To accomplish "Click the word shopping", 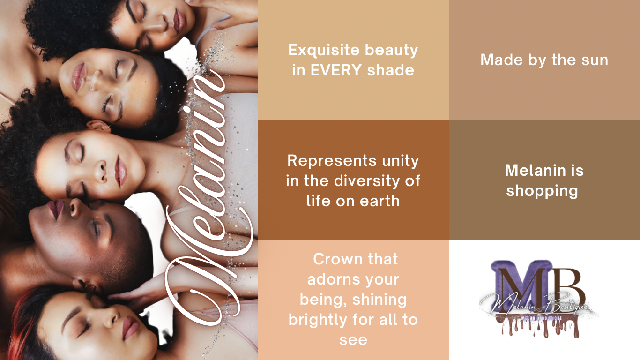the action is tap(542, 191).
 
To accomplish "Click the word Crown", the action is tap(337, 259).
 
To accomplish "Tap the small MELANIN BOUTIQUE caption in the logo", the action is tap(542, 318).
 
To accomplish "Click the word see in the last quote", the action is tap(353, 340).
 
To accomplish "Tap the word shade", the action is tap(390, 70).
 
